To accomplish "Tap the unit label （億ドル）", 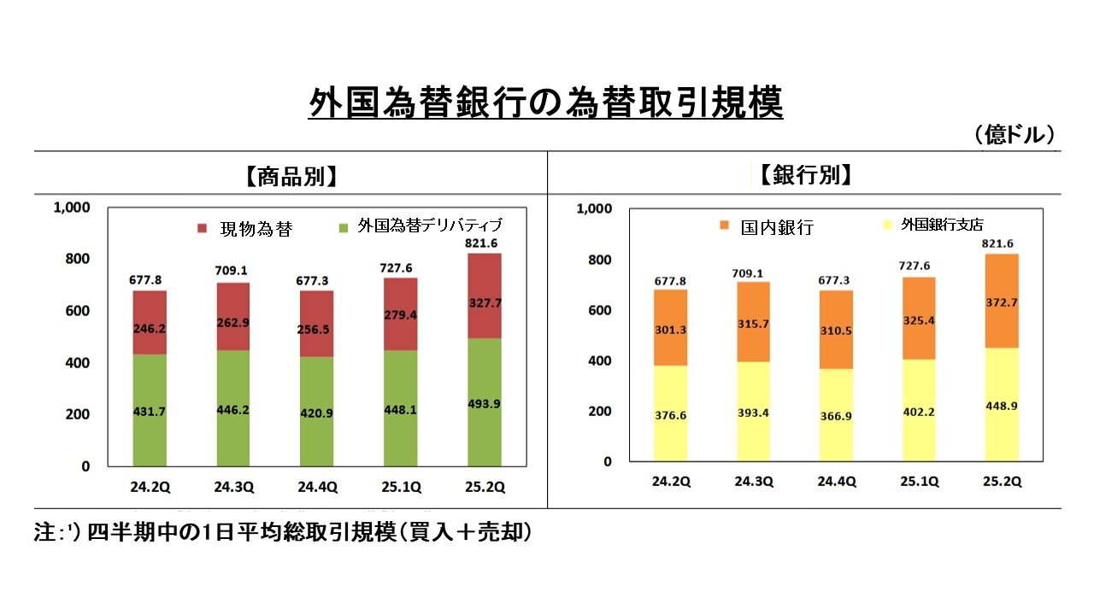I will [1013, 135].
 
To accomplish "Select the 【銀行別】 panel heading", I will [804, 175].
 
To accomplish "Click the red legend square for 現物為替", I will [203, 228].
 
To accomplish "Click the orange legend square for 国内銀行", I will [724, 225].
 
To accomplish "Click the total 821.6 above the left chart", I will [484, 243].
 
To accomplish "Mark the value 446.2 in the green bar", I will [232, 409].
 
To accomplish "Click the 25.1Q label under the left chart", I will [400, 488].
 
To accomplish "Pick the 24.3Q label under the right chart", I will [754, 482].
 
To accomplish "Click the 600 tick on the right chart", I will [597, 310].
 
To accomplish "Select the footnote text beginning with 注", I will [282, 532].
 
